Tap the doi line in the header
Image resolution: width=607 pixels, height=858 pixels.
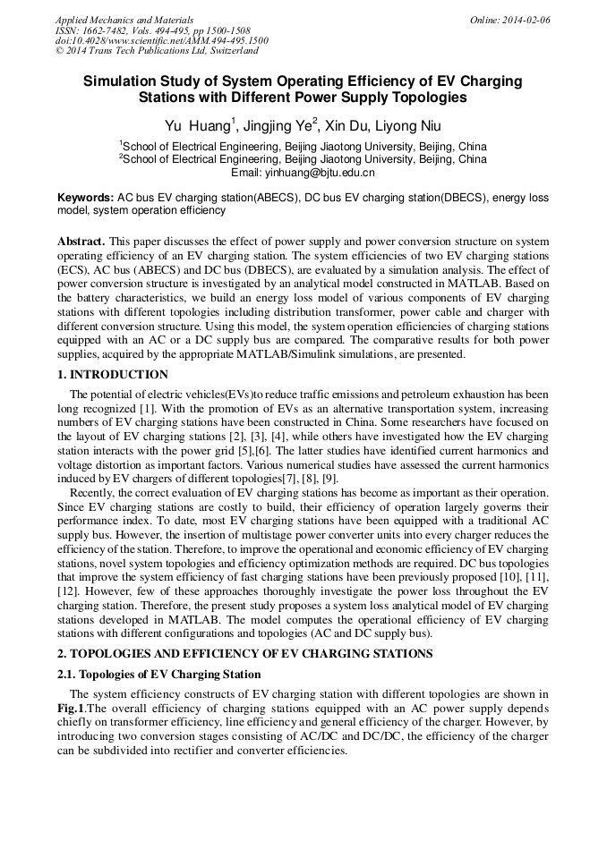pyautogui.click(x=161, y=40)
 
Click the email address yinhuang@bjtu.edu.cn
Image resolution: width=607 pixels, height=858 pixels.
pyautogui.click(x=303, y=173)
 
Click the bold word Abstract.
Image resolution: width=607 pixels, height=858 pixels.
pyautogui.click(x=81, y=242)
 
